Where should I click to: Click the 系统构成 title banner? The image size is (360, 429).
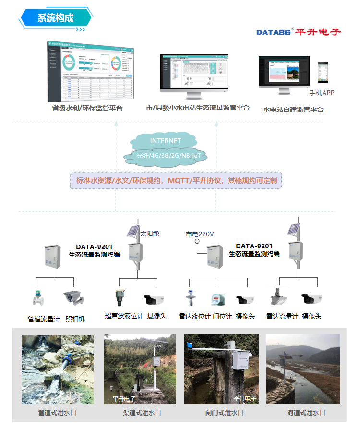55,18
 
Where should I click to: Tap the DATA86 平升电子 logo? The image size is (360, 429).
298,32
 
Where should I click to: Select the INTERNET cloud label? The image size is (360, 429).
166,141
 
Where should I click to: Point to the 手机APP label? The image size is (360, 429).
322,93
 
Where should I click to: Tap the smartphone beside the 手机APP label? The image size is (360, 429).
324,74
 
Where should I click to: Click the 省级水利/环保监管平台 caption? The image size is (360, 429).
87,108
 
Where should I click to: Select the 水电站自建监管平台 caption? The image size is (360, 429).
293,110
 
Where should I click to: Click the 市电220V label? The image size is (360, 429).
200,234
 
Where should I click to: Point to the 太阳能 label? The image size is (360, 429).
149,233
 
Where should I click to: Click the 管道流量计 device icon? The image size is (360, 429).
38,298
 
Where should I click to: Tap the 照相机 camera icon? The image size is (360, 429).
74,298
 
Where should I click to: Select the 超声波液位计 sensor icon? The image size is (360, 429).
120,297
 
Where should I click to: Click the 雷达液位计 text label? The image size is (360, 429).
194,316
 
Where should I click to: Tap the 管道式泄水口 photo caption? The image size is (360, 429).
57,413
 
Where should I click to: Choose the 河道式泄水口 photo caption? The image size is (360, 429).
306,413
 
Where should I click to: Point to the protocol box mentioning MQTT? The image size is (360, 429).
176,181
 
